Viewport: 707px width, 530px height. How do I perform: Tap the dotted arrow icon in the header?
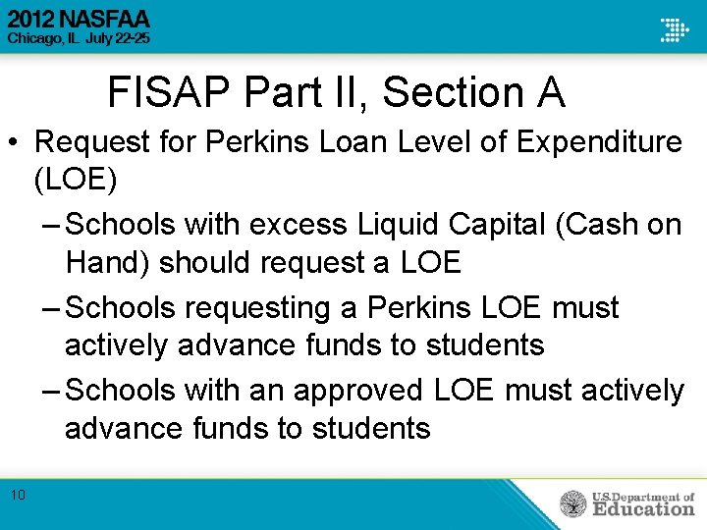[674, 29]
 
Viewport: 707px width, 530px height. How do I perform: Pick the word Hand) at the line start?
[107, 263]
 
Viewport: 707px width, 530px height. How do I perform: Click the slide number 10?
[19, 495]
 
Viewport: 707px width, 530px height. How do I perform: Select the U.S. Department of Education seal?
[573, 503]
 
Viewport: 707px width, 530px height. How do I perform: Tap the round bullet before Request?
[16, 142]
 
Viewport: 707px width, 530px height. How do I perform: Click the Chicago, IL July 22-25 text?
[80, 39]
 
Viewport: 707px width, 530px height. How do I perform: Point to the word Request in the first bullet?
[96, 141]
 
